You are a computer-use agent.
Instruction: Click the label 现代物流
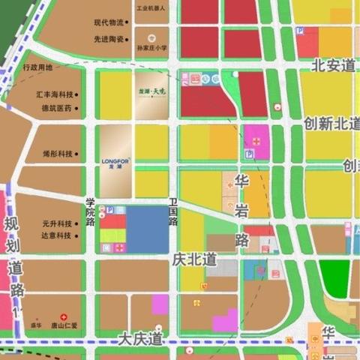click(x=109, y=22)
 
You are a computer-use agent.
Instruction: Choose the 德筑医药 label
click(x=57, y=109)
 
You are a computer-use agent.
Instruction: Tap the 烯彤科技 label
click(x=58, y=154)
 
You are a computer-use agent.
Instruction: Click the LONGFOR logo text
click(x=115, y=160)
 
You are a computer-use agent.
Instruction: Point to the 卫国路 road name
click(x=173, y=212)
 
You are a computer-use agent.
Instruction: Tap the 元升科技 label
click(x=57, y=223)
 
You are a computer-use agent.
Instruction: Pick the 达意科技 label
click(x=57, y=235)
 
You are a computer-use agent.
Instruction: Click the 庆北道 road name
click(x=194, y=260)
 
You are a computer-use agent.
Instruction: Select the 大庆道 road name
click(x=140, y=339)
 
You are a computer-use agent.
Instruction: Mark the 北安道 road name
click(x=333, y=65)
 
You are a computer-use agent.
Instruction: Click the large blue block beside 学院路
click(x=148, y=229)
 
